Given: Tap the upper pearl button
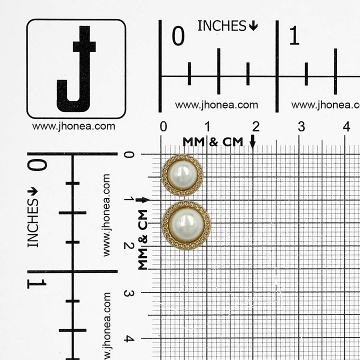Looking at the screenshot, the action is [x=182, y=175].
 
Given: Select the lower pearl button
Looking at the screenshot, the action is [x=186, y=225].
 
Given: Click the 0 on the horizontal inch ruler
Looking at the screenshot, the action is [x=178, y=35].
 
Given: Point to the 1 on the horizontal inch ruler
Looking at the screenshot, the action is [x=294, y=35].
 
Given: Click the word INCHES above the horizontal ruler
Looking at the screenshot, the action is [x=222, y=25].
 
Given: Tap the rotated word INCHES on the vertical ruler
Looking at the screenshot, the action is [x=33, y=223].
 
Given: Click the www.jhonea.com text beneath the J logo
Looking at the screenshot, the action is [x=73, y=126].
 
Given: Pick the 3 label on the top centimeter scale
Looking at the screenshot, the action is [x=301, y=126].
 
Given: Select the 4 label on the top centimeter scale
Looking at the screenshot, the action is [x=346, y=126].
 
